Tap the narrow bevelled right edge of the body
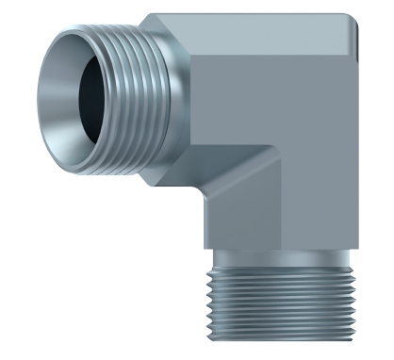point(356,141)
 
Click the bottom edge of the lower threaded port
point(282,340)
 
